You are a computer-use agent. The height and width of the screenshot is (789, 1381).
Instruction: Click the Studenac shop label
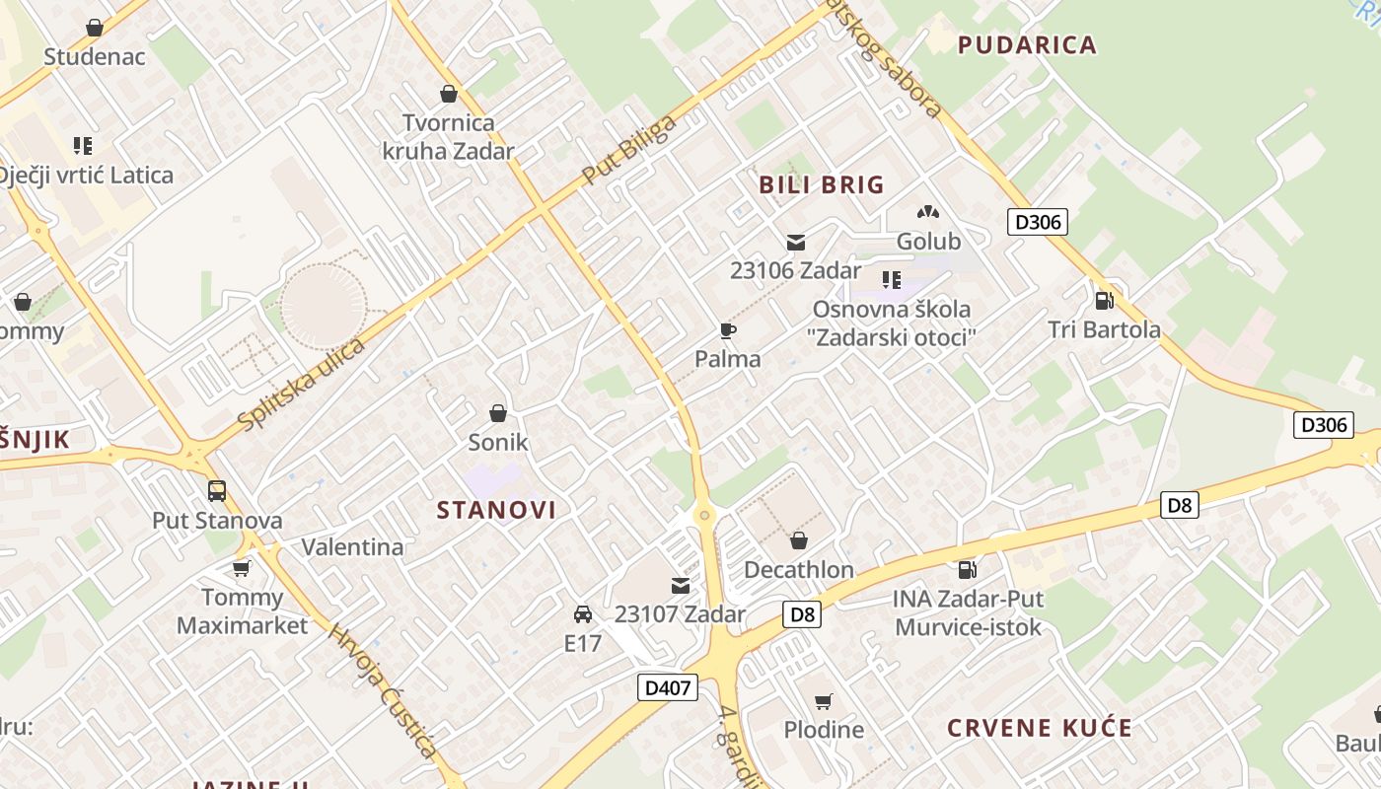coord(94,56)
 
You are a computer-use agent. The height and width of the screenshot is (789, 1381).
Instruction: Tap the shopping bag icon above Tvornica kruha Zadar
coord(449,95)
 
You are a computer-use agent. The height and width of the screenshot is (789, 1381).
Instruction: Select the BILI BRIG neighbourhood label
coord(821,184)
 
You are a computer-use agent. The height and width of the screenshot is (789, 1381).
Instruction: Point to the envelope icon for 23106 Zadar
coord(796,243)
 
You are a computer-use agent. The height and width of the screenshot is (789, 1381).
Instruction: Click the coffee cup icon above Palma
coord(728,331)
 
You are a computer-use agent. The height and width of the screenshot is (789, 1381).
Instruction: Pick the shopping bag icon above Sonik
coord(498,413)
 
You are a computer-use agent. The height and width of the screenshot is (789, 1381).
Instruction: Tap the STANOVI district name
coord(496,510)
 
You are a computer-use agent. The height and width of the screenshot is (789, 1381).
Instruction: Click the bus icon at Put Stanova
coord(217,491)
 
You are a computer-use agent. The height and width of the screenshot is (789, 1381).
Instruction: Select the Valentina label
coord(352,547)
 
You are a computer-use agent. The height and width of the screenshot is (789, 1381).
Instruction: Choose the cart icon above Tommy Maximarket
coord(242,568)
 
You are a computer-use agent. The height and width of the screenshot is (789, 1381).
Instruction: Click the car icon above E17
coord(583,614)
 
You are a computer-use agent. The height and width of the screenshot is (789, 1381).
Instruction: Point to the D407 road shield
coord(668,687)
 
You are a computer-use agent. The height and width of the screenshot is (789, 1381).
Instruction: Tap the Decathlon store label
coord(799,570)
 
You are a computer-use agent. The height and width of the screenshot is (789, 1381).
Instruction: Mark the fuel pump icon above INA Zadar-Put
coord(968,570)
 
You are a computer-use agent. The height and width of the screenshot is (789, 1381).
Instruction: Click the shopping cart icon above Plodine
coord(824,701)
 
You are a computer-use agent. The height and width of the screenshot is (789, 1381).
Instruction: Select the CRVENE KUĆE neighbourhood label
coord(1040,728)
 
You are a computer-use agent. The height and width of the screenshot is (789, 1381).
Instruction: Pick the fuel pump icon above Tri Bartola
coord(1104,301)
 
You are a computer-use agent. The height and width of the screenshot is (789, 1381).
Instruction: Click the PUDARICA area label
coord(1027,44)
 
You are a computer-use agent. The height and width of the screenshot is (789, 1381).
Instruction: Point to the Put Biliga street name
coord(629,150)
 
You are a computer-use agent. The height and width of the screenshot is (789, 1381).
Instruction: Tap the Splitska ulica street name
coord(302,383)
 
